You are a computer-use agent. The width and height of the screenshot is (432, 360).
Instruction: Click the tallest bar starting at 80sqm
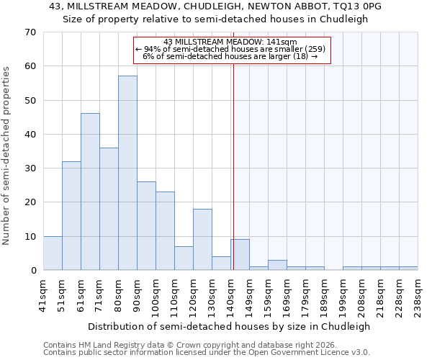pos(127,173)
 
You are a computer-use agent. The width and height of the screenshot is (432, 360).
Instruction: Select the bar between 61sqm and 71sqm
pos(90,192)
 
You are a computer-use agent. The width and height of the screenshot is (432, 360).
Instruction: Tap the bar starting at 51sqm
pos(71,215)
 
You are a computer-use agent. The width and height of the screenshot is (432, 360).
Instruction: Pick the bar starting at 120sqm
pos(202,239)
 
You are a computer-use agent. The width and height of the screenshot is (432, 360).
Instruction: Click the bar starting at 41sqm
pos(53,253)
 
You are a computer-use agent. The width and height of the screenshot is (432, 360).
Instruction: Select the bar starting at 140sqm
pos(240,255)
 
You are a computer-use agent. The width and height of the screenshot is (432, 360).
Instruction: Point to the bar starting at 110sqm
pos(184,258)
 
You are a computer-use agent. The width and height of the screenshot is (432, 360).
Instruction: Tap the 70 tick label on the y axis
pos(30,32)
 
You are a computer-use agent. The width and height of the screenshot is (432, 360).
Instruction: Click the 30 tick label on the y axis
pos(30,168)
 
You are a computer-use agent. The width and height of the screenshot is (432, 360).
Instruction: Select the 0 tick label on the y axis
pos(33,271)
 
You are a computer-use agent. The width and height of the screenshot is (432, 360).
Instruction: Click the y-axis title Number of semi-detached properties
pos(7,156)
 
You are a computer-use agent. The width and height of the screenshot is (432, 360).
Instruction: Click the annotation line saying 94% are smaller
pos(231,49)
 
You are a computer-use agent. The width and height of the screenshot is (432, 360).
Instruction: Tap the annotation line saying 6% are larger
pos(230,56)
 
